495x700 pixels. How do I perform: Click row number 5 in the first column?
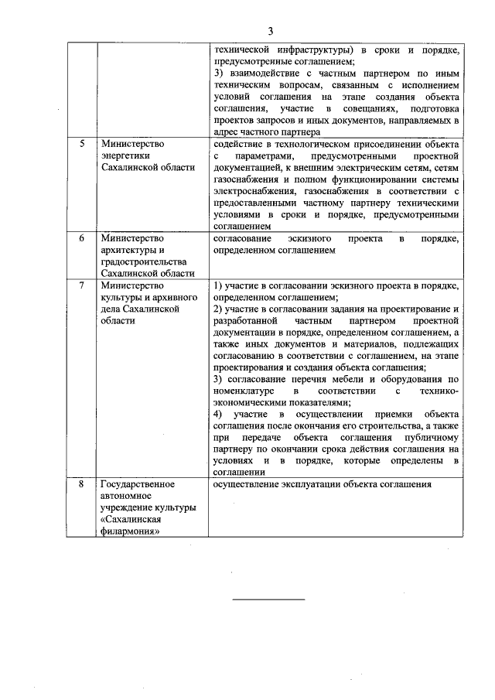83,145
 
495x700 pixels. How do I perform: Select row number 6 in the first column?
83,239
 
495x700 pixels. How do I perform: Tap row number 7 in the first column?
83,285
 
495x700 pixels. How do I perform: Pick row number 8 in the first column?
83,485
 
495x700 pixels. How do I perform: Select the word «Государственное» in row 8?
138,485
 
